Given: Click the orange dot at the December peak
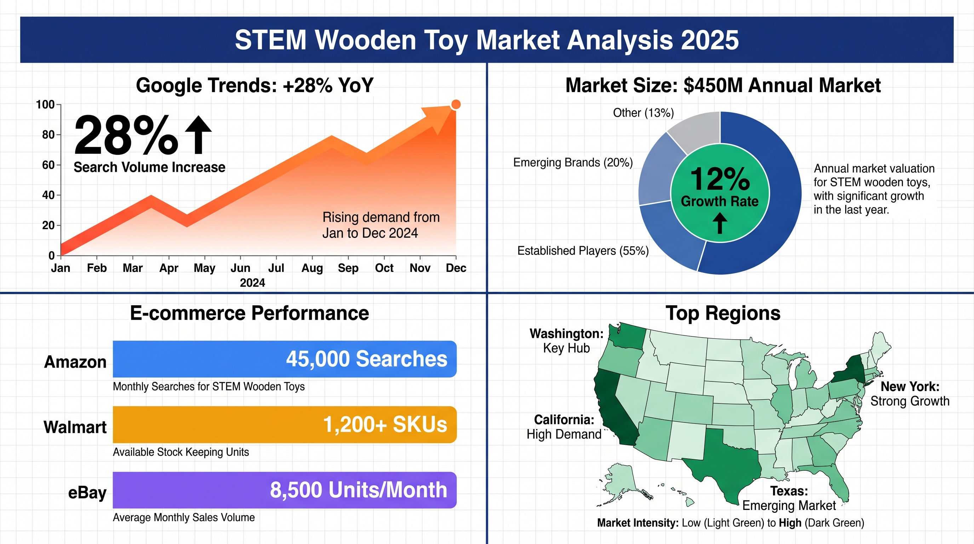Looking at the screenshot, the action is [x=456, y=104].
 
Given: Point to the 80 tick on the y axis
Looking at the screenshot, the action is [x=49, y=135].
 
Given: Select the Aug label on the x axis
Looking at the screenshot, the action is [x=312, y=268].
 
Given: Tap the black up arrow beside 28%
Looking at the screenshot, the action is [x=198, y=135].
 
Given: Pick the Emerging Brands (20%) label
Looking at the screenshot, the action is [x=573, y=163].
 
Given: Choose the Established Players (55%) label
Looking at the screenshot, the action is [x=583, y=251].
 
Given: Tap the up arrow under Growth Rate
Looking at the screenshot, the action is [x=720, y=223].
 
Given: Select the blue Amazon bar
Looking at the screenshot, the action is [x=285, y=359].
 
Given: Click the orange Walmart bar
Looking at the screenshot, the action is [x=285, y=424].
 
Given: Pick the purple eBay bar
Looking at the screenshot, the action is [x=285, y=490].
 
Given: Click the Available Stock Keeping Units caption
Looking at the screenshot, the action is [x=181, y=452].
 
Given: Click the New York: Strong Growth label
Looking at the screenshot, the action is [x=910, y=394].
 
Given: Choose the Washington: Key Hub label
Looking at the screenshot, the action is [x=566, y=341].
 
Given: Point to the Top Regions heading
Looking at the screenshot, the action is [x=723, y=313].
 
